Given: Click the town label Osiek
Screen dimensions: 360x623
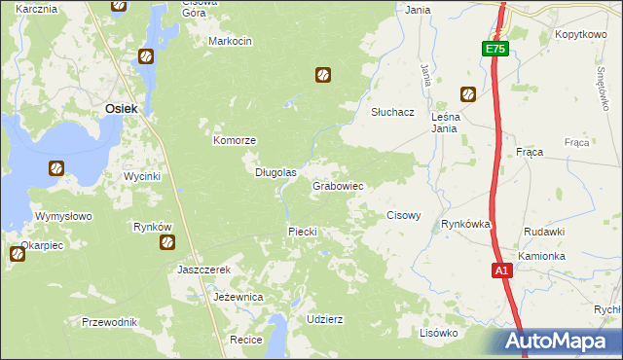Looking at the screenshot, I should click(x=121, y=110).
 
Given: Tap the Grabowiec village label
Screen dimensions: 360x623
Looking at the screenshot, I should click(x=338, y=185).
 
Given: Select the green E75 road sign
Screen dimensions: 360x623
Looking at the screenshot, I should click(x=495, y=49).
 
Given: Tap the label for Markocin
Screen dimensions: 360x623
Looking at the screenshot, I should click(x=231, y=41).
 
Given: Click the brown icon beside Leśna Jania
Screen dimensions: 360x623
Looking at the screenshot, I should click(x=468, y=94).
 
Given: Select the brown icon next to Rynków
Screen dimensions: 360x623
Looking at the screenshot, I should click(x=166, y=241).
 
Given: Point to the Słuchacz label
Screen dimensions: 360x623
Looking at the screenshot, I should click(x=393, y=112).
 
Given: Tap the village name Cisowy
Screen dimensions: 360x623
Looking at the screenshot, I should click(x=404, y=215).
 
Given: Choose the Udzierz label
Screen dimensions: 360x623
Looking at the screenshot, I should click(x=324, y=319).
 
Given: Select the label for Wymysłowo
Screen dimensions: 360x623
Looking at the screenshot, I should click(x=63, y=216).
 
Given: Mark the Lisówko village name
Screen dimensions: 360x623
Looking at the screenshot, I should click(x=438, y=332).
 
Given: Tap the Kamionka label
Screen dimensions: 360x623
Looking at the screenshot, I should click(x=542, y=256).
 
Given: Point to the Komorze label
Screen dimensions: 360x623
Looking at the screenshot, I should click(x=235, y=140).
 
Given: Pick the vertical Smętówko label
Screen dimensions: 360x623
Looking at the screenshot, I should click(x=604, y=87).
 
